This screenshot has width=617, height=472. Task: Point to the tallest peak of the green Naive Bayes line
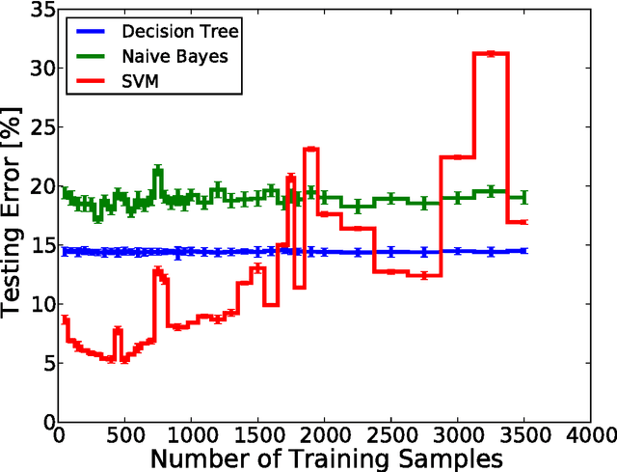(x=157, y=170)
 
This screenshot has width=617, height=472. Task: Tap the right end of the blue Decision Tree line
(x=524, y=251)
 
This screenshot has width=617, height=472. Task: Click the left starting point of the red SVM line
(x=65, y=319)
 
